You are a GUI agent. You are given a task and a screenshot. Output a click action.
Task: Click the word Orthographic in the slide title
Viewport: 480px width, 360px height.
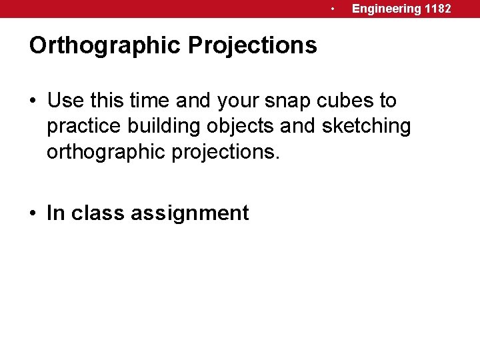tap(105, 46)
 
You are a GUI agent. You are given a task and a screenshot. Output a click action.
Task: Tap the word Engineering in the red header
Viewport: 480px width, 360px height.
tap(387, 9)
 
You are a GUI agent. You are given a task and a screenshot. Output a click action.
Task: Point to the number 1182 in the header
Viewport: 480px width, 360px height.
tap(438, 9)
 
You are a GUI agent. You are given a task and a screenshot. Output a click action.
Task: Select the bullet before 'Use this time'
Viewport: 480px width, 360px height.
tap(33, 102)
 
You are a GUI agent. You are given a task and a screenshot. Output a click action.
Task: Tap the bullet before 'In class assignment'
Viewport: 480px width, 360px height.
tap(33, 214)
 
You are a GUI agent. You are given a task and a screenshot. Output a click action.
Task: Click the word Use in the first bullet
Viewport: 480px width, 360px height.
tap(64, 101)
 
